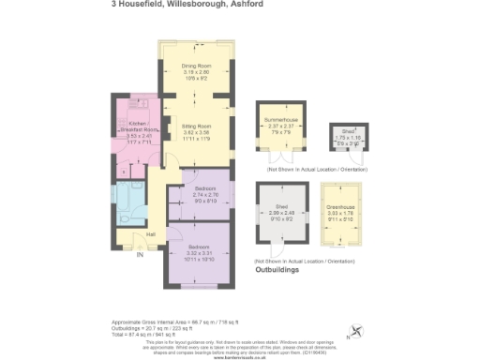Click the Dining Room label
[x=195, y=65]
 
